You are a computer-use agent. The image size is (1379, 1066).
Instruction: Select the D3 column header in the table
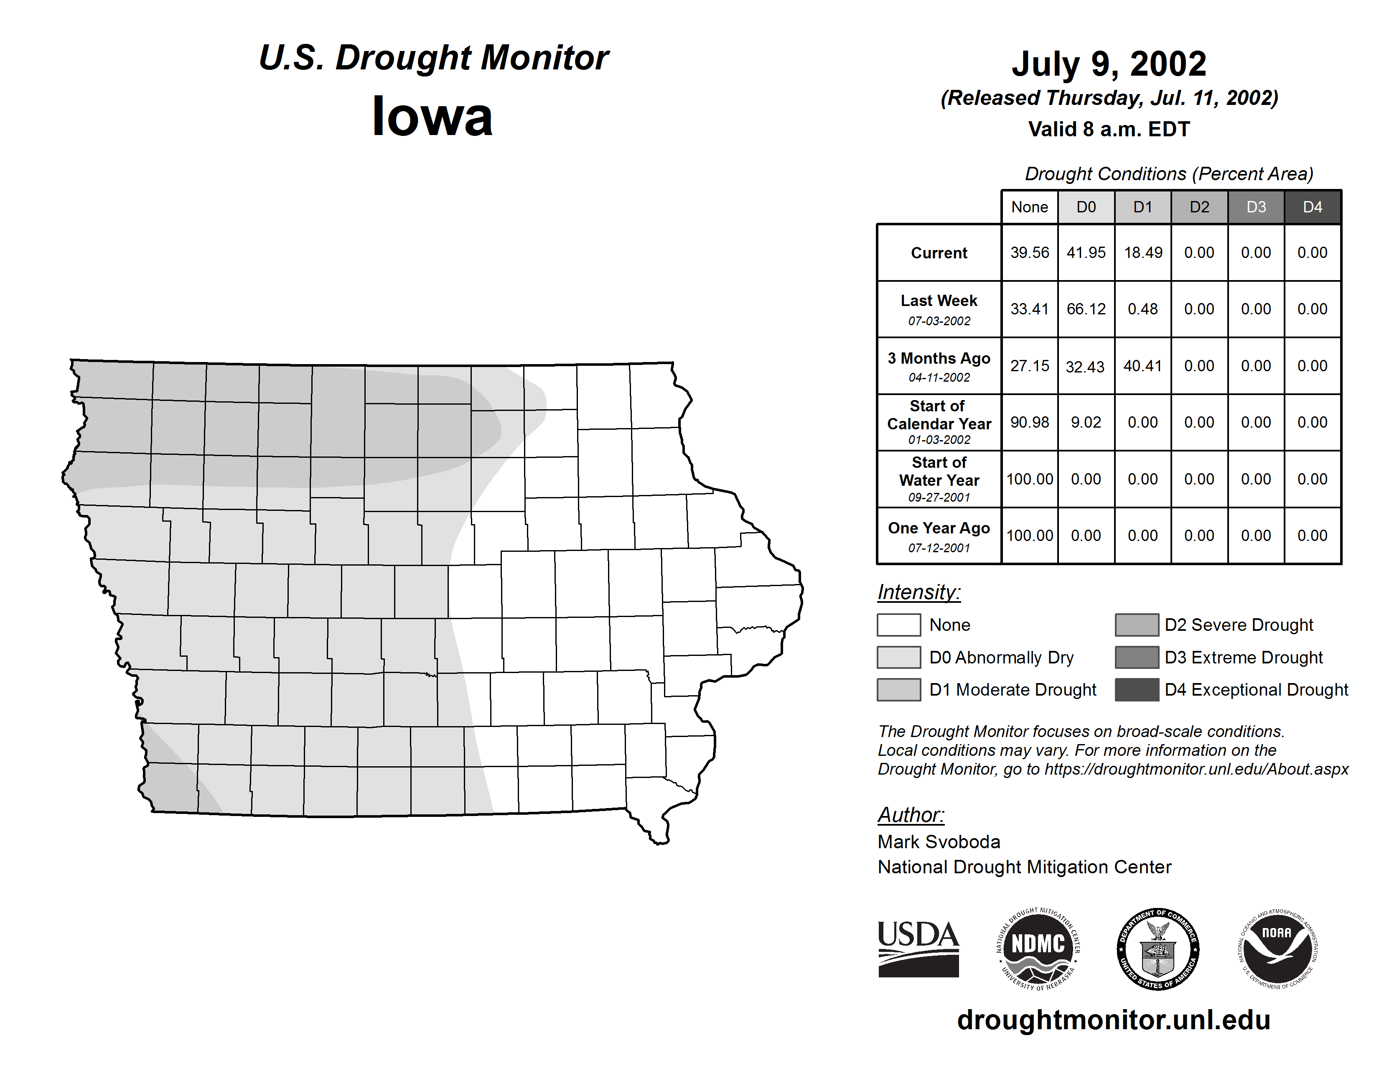(x=1256, y=207)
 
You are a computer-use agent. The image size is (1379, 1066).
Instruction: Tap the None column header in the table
(x=1029, y=207)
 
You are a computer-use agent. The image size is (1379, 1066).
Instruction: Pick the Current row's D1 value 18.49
(x=1143, y=252)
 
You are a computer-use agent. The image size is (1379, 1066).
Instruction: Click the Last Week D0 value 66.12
(x=1086, y=309)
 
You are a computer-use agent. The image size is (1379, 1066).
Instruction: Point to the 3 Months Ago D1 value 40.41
(x=1143, y=366)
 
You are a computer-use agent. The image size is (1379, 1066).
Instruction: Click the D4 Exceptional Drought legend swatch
(x=1137, y=690)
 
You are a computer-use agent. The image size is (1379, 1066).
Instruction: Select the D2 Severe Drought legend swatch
(x=1137, y=625)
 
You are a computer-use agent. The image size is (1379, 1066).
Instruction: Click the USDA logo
(x=918, y=949)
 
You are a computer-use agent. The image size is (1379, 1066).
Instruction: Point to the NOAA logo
(x=1277, y=949)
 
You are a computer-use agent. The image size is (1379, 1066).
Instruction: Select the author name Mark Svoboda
(x=939, y=842)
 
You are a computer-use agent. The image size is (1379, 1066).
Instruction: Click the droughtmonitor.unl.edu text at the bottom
(x=1114, y=1020)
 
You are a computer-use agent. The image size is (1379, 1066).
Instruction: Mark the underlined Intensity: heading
(x=918, y=592)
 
